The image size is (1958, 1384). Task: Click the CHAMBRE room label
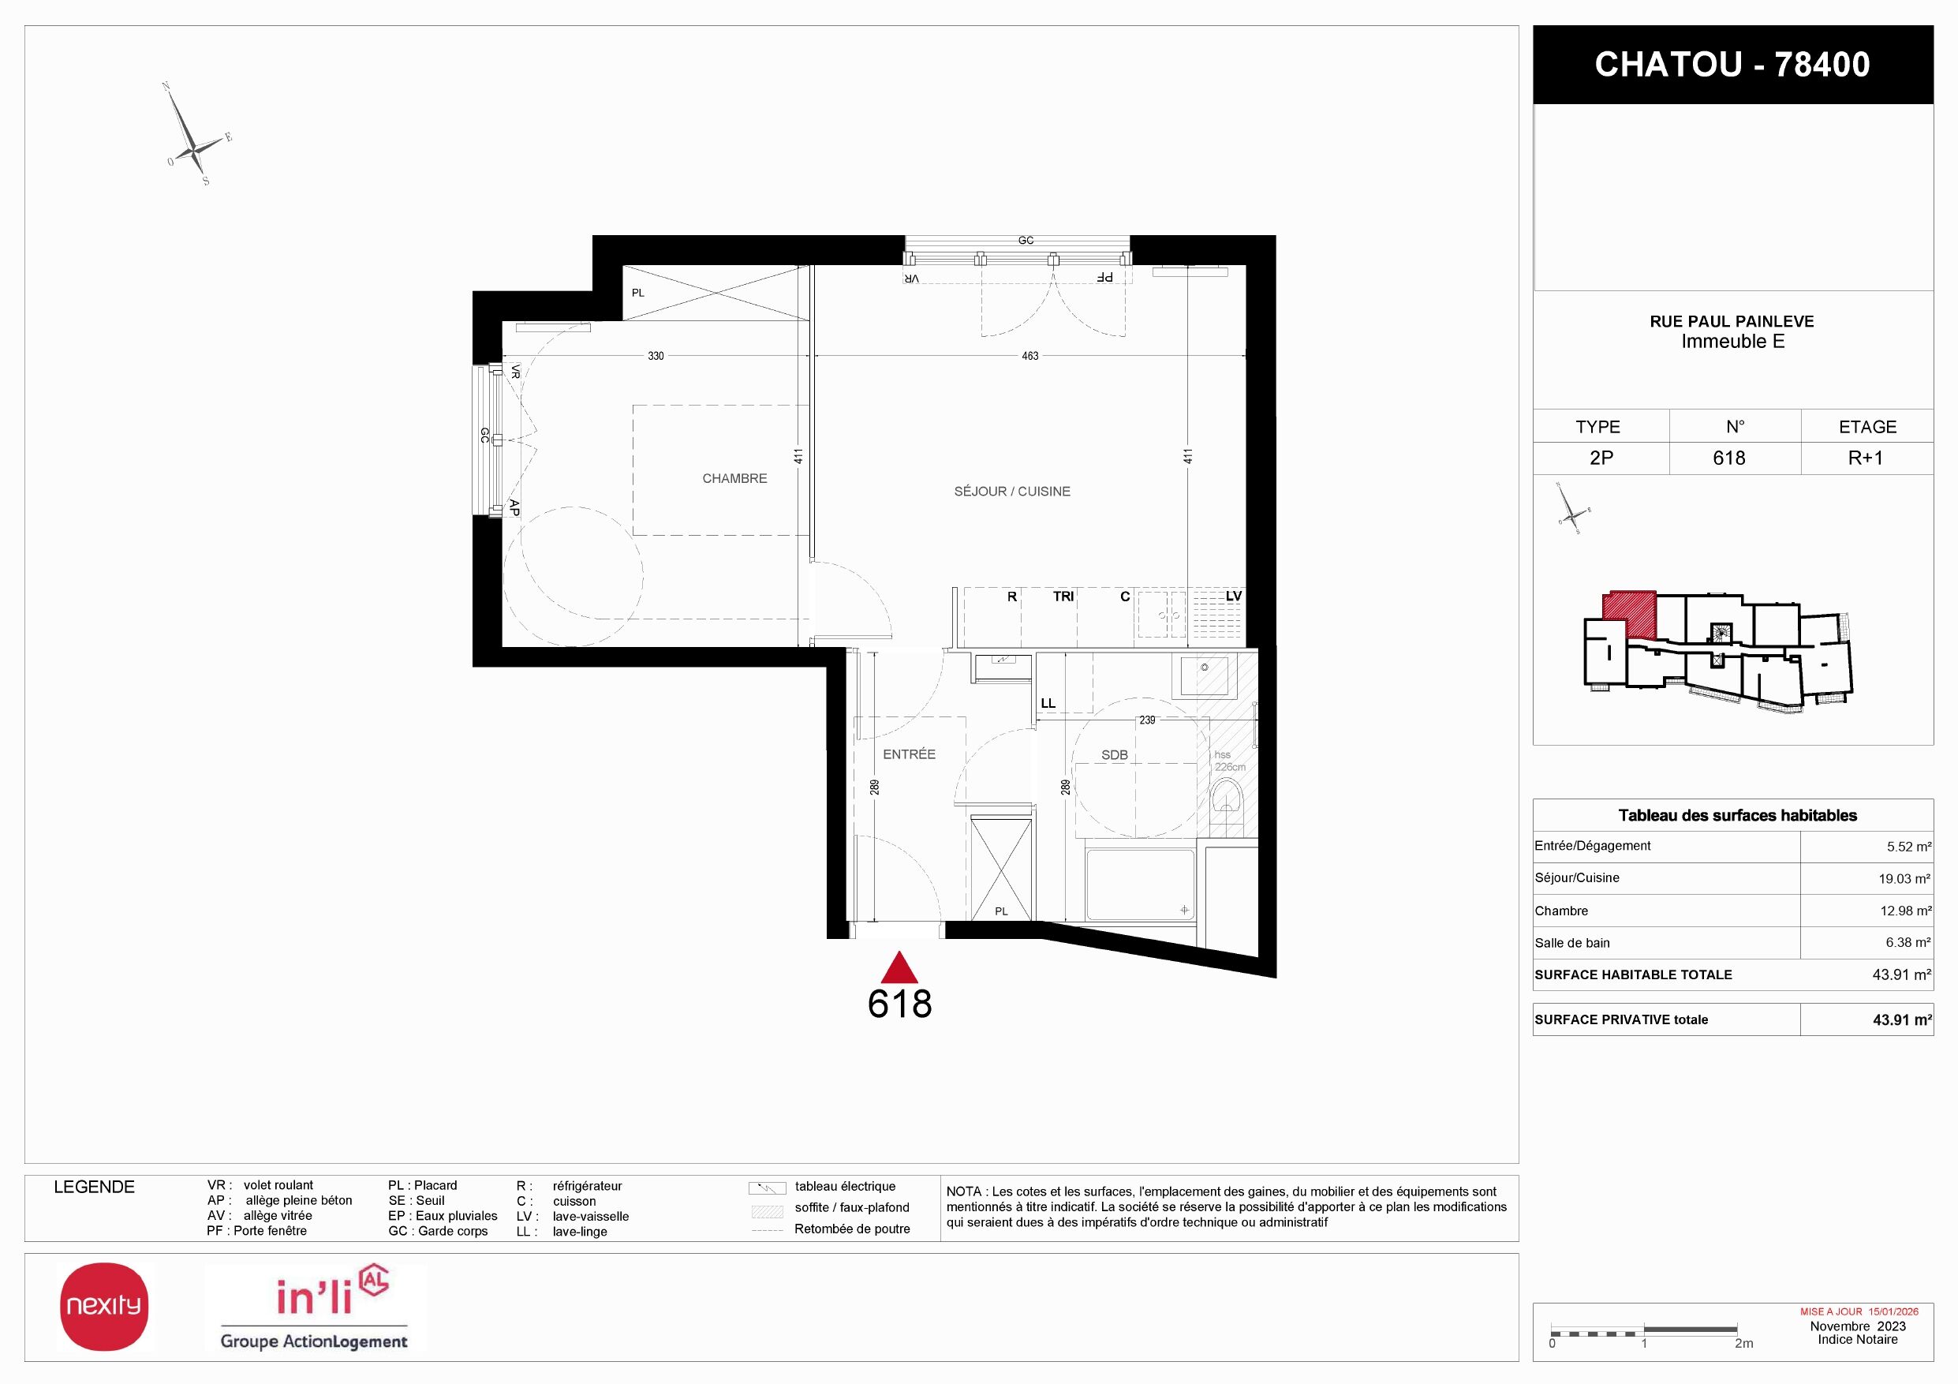(x=734, y=478)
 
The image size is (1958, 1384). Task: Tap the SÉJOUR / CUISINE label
(x=1011, y=491)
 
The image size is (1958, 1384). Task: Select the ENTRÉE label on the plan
(x=909, y=754)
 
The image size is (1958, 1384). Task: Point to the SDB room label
(x=1115, y=754)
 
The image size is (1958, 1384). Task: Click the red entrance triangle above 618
(x=899, y=969)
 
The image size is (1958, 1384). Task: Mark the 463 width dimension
(x=1030, y=356)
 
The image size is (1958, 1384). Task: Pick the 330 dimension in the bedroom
(x=655, y=356)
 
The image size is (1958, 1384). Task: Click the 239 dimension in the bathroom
(x=1147, y=720)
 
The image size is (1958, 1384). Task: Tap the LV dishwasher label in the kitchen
(x=1233, y=596)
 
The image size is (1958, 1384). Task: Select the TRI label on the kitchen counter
(x=1063, y=596)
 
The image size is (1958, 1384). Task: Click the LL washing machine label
(x=1048, y=704)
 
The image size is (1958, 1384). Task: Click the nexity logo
(x=104, y=1307)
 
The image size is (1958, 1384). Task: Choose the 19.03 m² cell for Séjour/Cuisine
(x=1904, y=878)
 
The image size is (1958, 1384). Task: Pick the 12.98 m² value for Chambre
(x=1905, y=911)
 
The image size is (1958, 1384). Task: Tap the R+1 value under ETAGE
(x=1865, y=458)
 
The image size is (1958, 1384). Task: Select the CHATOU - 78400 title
(x=1732, y=65)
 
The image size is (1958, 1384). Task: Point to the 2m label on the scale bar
(x=1744, y=1343)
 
